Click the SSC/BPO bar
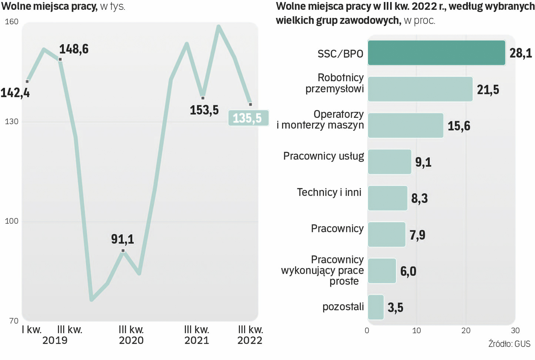tap(436, 53)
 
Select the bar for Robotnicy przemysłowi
tap(420, 89)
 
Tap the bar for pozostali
tap(376, 307)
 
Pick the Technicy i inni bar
tap(387, 198)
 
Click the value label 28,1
tap(520, 53)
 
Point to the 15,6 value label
tap(459, 126)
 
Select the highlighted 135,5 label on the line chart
tap(248, 118)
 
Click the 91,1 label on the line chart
tap(122, 239)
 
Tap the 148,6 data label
tap(74, 49)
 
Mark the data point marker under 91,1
tap(123, 251)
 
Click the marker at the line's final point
tap(250, 104)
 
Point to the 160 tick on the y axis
tap(12, 22)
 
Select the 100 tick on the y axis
tap(12, 221)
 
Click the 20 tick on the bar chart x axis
tap(466, 331)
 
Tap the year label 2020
tap(131, 340)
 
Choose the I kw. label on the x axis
tap(32, 330)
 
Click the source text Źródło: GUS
tap(509, 344)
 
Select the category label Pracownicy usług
tap(323, 156)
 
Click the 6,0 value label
tap(408, 271)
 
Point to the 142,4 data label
tap(15, 93)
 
